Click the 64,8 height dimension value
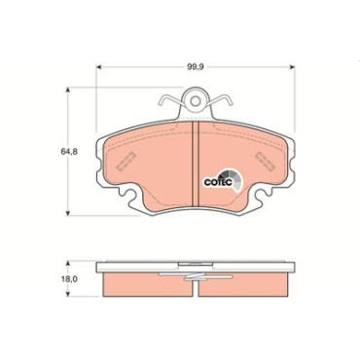pos(69,151)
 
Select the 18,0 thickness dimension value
pos(69,278)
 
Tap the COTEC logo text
pos(218,182)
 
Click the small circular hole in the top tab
pos(196,101)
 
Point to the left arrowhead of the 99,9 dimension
pos(99,67)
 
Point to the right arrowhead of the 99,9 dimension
pos(292,67)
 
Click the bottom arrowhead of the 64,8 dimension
pos(68,213)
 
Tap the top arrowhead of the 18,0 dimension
pos(68,264)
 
